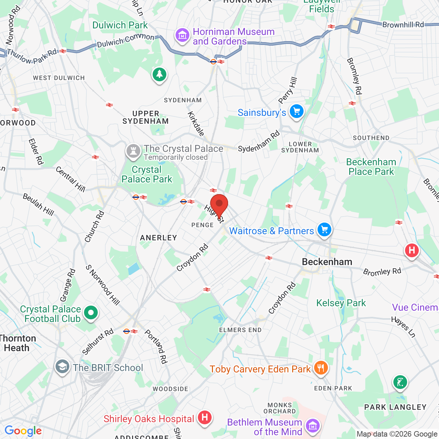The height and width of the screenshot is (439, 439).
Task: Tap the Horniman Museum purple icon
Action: click(x=182, y=35)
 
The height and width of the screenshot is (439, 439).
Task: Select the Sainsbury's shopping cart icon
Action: click(x=297, y=111)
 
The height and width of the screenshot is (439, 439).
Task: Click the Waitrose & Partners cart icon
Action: click(x=324, y=229)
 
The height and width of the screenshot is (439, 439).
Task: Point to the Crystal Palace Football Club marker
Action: click(x=91, y=313)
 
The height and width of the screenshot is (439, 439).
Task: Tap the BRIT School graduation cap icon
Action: click(x=62, y=367)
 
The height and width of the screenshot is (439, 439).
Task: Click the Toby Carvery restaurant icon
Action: click(x=320, y=368)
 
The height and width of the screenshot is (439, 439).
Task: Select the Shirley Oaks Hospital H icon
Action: click(x=205, y=417)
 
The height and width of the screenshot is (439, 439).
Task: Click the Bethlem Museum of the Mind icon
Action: click(x=312, y=426)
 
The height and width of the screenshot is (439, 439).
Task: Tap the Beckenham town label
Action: click(x=327, y=262)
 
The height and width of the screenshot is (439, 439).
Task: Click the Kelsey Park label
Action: click(x=341, y=303)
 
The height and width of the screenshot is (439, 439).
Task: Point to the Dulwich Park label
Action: click(x=120, y=25)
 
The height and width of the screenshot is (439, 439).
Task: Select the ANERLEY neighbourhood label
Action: click(x=158, y=238)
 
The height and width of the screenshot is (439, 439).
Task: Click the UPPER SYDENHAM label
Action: click(x=146, y=117)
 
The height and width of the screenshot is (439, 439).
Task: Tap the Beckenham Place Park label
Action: click(x=371, y=167)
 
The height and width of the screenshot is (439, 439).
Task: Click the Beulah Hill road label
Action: click(x=38, y=205)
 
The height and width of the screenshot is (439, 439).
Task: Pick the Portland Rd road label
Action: click(x=156, y=346)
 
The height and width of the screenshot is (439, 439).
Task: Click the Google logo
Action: click(x=23, y=431)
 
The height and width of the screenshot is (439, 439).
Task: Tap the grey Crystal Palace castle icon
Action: click(x=133, y=151)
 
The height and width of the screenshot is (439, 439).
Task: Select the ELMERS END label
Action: click(x=240, y=330)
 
